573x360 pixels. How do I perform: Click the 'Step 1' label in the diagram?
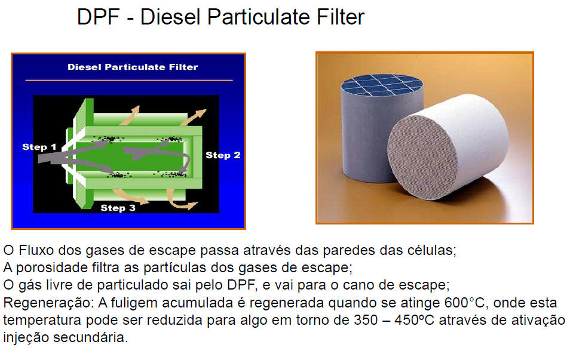tap(39, 147)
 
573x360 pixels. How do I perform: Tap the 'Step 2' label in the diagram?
tap(223, 155)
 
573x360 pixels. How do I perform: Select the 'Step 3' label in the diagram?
tap(118, 208)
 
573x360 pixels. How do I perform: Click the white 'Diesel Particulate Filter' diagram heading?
tap(133, 67)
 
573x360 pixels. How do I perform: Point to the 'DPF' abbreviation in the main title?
tap(99, 17)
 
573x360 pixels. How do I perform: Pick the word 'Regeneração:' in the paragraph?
tap(48, 303)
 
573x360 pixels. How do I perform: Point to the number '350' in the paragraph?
tap(366, 320)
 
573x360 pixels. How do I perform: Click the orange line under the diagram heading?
tap(129, 80)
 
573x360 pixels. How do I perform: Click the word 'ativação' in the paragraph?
tap(538, 320)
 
